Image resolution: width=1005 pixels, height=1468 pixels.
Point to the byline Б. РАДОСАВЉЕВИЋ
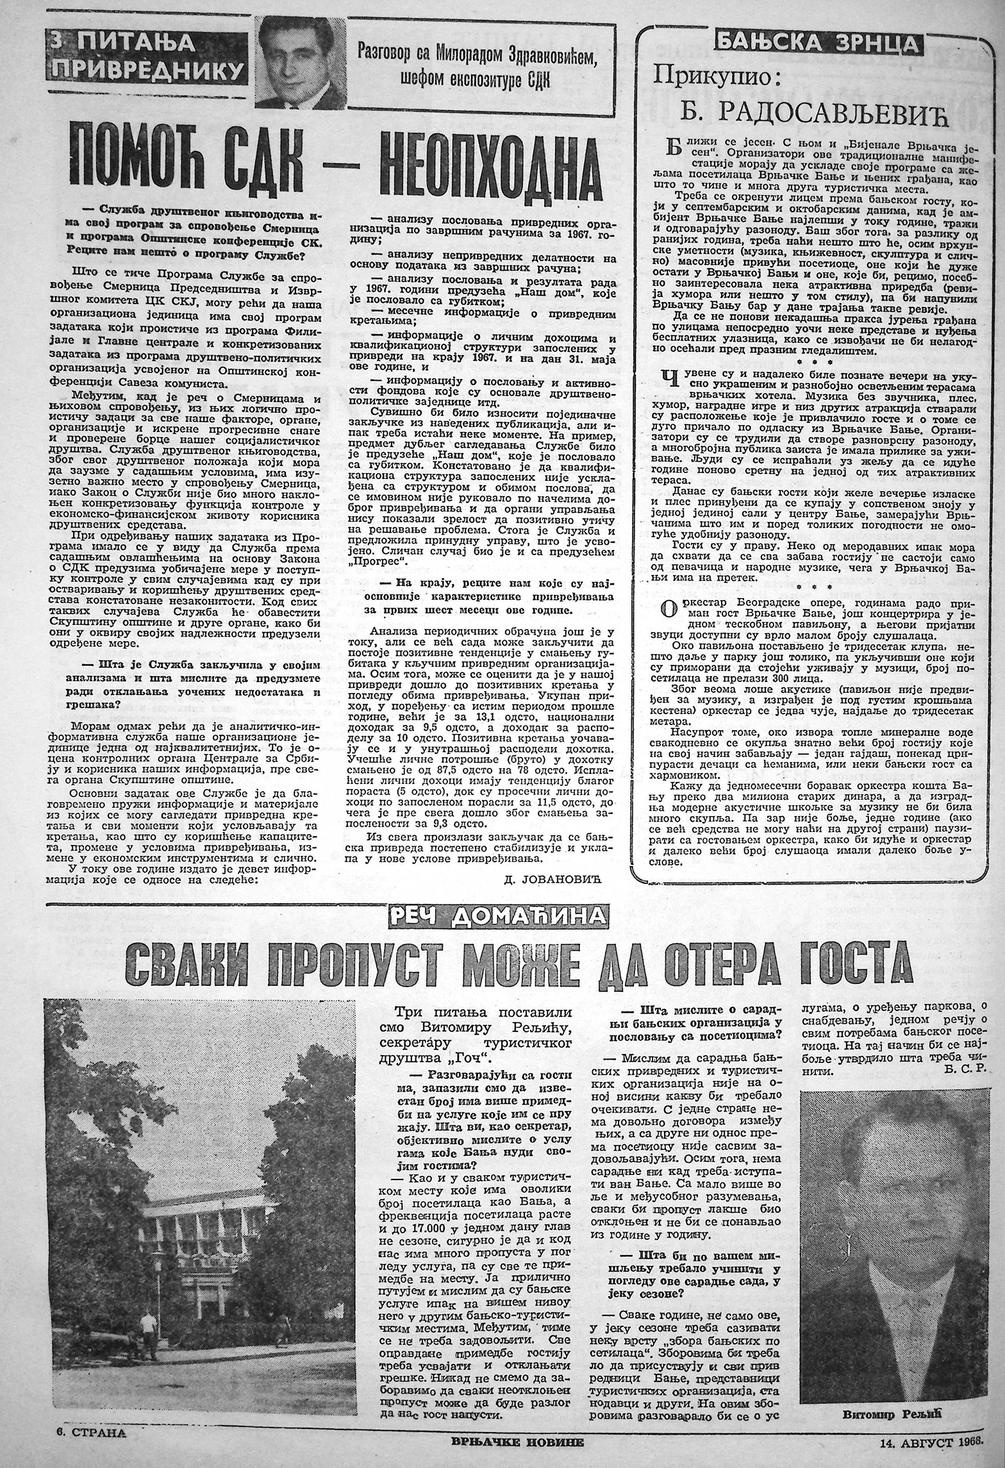tap(813, 113)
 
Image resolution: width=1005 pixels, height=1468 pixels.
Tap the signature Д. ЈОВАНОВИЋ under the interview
tap(558, 881)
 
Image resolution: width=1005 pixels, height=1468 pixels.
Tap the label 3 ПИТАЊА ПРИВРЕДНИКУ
tap(147, 56)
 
